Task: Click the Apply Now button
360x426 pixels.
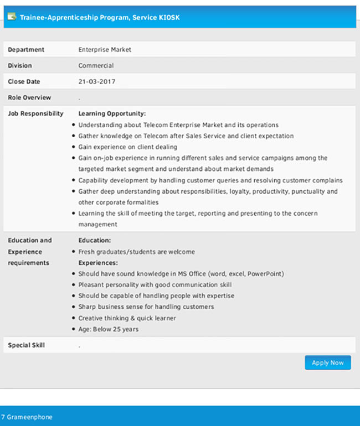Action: [x=327, y=363]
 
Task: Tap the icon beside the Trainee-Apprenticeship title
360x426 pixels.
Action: [x=12, y=17]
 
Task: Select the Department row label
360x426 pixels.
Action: [x=26, y=50]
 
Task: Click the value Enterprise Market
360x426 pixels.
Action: [x=105, y=50]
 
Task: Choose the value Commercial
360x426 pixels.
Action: [x=96, y=66]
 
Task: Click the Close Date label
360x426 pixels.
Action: [x=24, y=82]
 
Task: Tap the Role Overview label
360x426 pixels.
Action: [x=29, y=98]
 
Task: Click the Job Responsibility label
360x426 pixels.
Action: [x=35, y=114]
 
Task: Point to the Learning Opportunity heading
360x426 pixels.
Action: [x=112, y=114]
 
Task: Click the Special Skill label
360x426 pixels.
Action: [x=26, y=346]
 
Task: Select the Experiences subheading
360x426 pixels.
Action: [x=98, y=263]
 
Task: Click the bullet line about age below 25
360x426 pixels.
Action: [x=109, y=329]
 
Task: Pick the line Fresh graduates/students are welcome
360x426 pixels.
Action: [x=136, y=252]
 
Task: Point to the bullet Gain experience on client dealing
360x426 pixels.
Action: [x=127, y=147]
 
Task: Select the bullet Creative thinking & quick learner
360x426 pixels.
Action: [x=127, y=318]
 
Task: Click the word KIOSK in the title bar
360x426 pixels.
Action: [x=169, y=18]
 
